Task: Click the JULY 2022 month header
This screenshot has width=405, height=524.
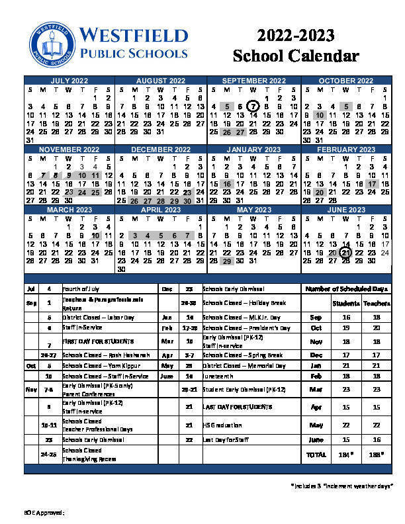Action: (x=69, y=81)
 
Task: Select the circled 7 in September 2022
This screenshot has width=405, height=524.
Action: (x=253, y=107)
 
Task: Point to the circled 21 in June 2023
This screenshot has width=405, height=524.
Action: (x=345, y=252)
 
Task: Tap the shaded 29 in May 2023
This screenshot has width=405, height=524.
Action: (x=227, y=261)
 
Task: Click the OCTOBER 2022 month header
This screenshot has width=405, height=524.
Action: (x=346, y=81)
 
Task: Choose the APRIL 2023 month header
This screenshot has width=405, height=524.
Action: (x=161, y=210)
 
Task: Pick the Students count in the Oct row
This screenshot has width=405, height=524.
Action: (x=346, y=328)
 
